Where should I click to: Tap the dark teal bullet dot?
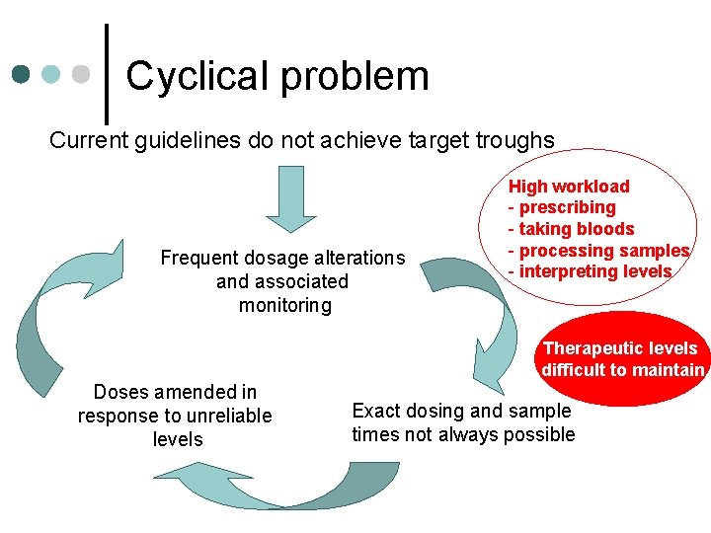pos(21,75)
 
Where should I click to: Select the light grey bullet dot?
pos(81,75)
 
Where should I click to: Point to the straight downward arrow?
pos(290,196)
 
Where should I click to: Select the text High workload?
pos(569,187)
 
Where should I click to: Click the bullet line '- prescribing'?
pos(562,207)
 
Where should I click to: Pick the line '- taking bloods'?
pos(571,229)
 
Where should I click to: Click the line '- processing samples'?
pos(597,251)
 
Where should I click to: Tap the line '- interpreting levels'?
pos(590,271)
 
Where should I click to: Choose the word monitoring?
pos(284,305)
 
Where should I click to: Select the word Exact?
pos(376,411)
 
